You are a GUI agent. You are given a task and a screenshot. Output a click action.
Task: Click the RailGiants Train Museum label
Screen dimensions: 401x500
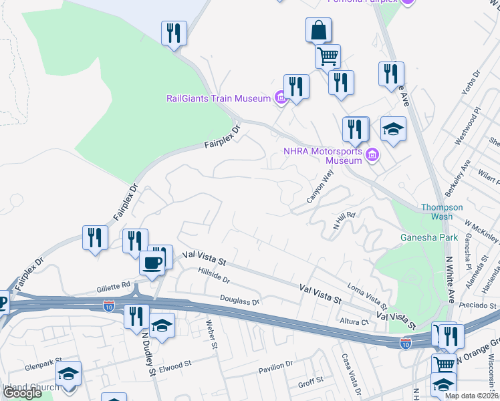click(x=218, y=98)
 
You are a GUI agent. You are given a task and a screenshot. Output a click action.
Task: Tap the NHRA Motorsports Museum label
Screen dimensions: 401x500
click(x=323, y=156)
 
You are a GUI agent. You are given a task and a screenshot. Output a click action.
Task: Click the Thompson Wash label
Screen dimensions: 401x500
click(x=441, y=212)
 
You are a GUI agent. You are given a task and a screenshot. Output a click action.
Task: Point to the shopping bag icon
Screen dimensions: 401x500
click(x=319, y=30)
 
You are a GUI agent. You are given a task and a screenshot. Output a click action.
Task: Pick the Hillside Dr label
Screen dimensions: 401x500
click(x=214, y=275)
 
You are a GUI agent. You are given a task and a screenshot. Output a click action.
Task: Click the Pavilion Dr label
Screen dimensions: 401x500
click(x=275, y=367)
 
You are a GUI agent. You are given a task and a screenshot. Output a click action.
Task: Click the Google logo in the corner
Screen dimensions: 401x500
click(x=21, y=393)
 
